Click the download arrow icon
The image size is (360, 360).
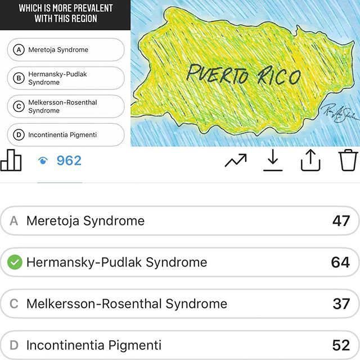(273, 161)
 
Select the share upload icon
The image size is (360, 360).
(310, 161)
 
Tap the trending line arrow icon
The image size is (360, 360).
(235, 161)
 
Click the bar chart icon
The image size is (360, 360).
(11, 160)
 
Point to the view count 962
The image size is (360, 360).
(69, 161)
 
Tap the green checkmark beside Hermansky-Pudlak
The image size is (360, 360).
(15, 262)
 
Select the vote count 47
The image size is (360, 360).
(341, 221)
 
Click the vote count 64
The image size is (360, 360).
(340, 262)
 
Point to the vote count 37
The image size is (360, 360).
(341, 304)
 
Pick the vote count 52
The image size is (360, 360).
(341, 345)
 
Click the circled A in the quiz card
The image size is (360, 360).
(19, 50)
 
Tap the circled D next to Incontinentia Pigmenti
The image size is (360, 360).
(19, 135)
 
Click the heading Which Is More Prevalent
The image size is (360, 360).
(65, 13)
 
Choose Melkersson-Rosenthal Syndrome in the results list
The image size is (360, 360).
(127, 304)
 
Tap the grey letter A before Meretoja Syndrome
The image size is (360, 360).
(14, 221)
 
